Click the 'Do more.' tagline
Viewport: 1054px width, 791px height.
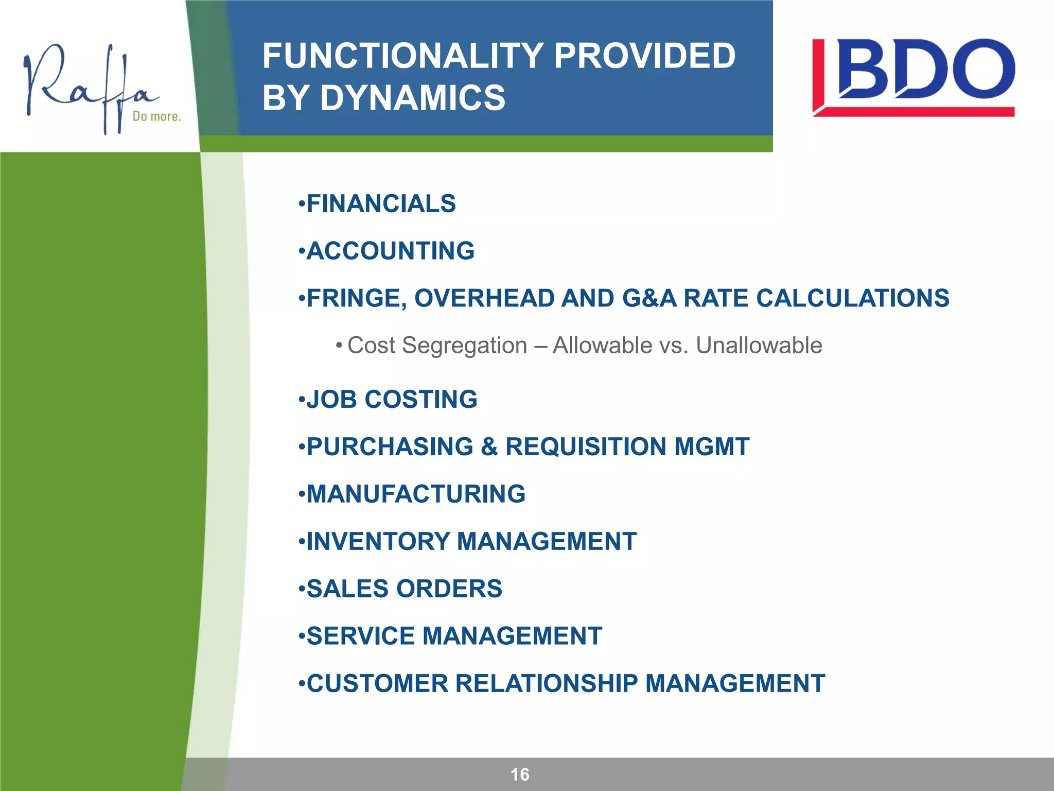tap(156, 116)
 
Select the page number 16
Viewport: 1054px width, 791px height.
tap(520, 775)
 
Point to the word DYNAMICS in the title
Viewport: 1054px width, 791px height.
tap(413, 98)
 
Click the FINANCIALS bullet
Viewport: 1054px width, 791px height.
tap(380, 203)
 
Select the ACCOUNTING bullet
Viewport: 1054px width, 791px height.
tap(390, 251)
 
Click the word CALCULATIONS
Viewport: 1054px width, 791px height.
tap(852, 298)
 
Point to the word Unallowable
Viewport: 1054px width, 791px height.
tap(759, 345)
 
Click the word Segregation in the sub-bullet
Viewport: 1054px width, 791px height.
tap(464, 346)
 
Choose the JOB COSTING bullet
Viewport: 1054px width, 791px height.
tap(391, 399)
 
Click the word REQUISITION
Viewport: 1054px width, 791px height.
tap(586, 446)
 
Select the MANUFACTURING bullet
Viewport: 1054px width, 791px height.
tap(415, 494)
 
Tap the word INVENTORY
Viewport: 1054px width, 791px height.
tap(378, 541)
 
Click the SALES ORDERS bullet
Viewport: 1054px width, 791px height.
tap(403, 589)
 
